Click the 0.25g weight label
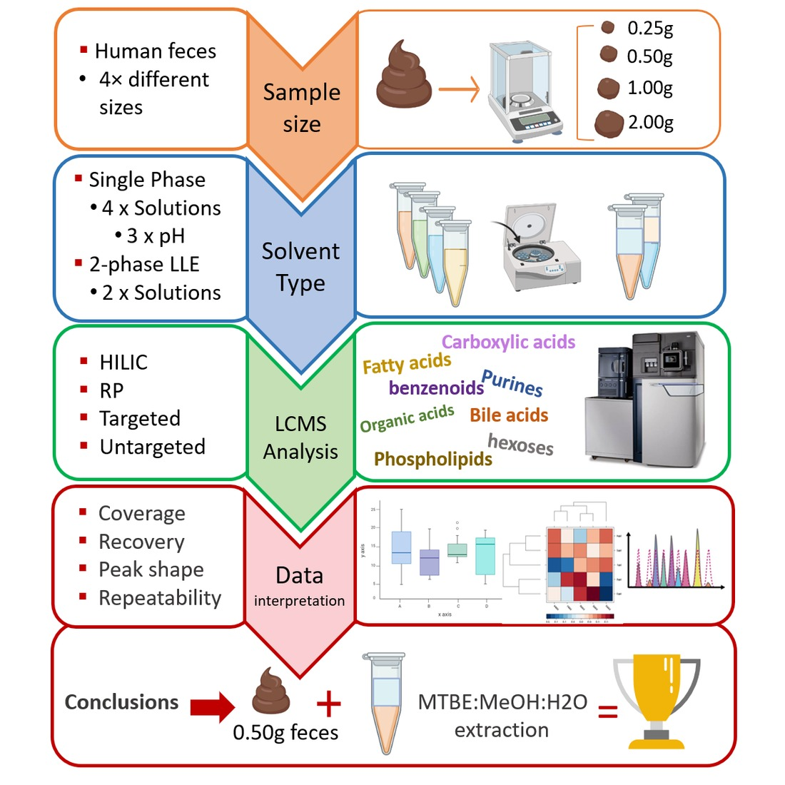(x=649, y=28)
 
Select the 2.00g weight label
(x=650, y=122)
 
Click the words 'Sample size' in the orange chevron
(x=301, y=107)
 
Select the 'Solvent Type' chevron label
(x=300, y=266)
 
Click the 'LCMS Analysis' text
(x=300, y=437)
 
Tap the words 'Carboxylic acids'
(x=508, y=342)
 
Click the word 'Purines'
(x=512, y=383)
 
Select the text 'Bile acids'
(x=509, y=415)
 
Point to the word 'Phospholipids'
(x=433, y=458)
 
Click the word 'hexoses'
(x=520, y=445)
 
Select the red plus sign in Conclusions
(x=328, y=704)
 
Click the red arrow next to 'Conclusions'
(x=212, y=706)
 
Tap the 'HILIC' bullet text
(x=123, y=362)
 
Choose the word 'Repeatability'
(x=160, y=597)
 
